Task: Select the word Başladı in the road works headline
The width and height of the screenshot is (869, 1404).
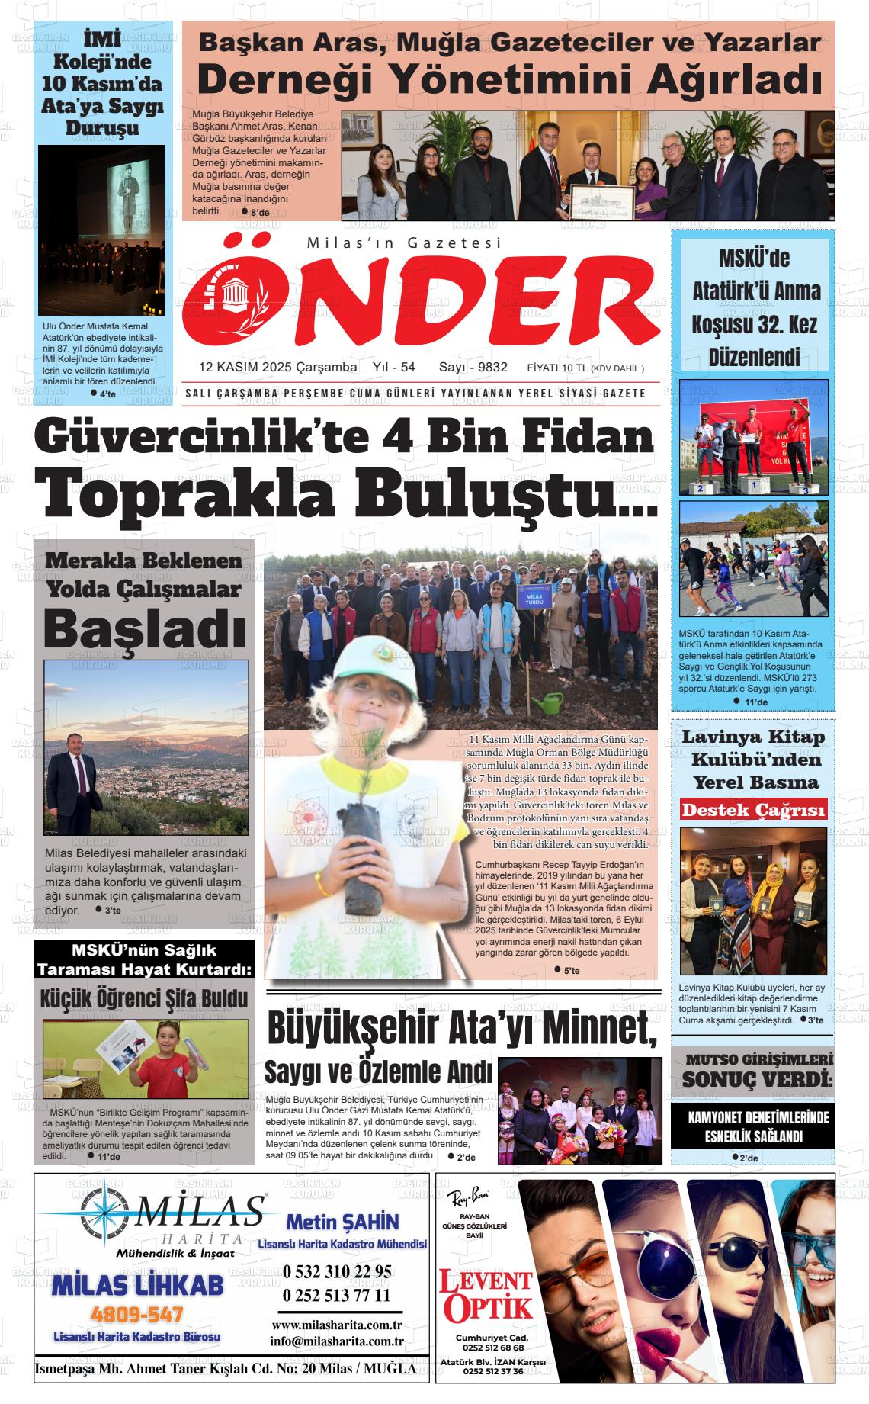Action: point(145,630)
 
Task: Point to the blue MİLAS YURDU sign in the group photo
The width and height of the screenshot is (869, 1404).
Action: point(534,595)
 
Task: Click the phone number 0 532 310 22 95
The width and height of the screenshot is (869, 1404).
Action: point(337,1271)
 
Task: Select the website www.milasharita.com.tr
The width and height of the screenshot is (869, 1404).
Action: point(337,1325)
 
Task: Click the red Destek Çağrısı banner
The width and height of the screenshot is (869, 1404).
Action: point(753,809)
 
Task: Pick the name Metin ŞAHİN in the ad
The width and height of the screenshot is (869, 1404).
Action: point(342,1222)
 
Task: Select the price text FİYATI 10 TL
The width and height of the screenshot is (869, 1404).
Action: point(556,368)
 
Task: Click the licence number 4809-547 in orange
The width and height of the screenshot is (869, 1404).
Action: point(137,1315)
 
